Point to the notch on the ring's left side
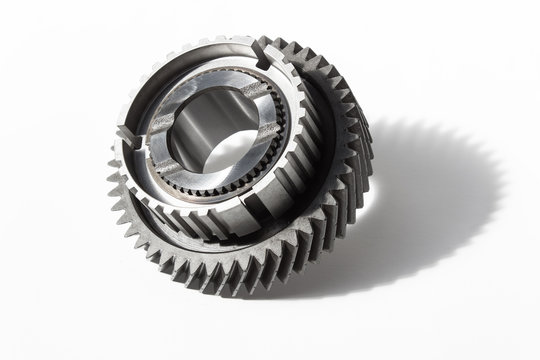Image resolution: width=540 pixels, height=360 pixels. pos(123,133)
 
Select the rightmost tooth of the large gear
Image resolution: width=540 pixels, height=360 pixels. pos(368,150)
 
